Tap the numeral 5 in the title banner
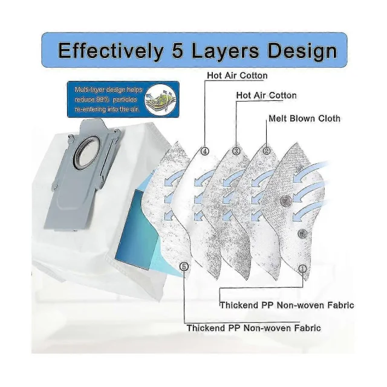click(174, 51)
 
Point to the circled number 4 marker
click(205, 151)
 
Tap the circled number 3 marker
click(236, 151)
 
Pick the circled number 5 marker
click(184, 265)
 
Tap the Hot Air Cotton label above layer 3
click(266, 96)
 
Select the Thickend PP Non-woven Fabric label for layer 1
click(287, 305)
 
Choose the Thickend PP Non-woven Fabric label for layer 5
click(253, 328)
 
